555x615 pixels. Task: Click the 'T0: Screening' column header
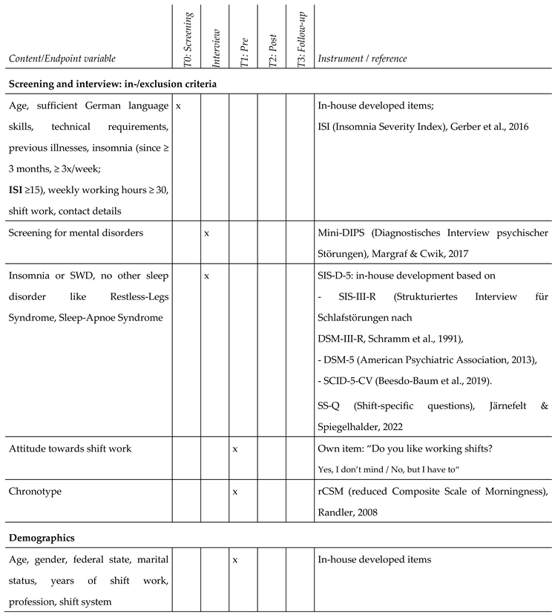coord(188,37)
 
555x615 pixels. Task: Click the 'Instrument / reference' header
coord(361,59)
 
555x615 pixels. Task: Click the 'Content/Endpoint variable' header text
coord(63,59)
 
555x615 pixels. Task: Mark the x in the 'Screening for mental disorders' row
coord(206,234)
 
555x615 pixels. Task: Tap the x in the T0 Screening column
coord(179,106)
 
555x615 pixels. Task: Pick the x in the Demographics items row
coord(234,558)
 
